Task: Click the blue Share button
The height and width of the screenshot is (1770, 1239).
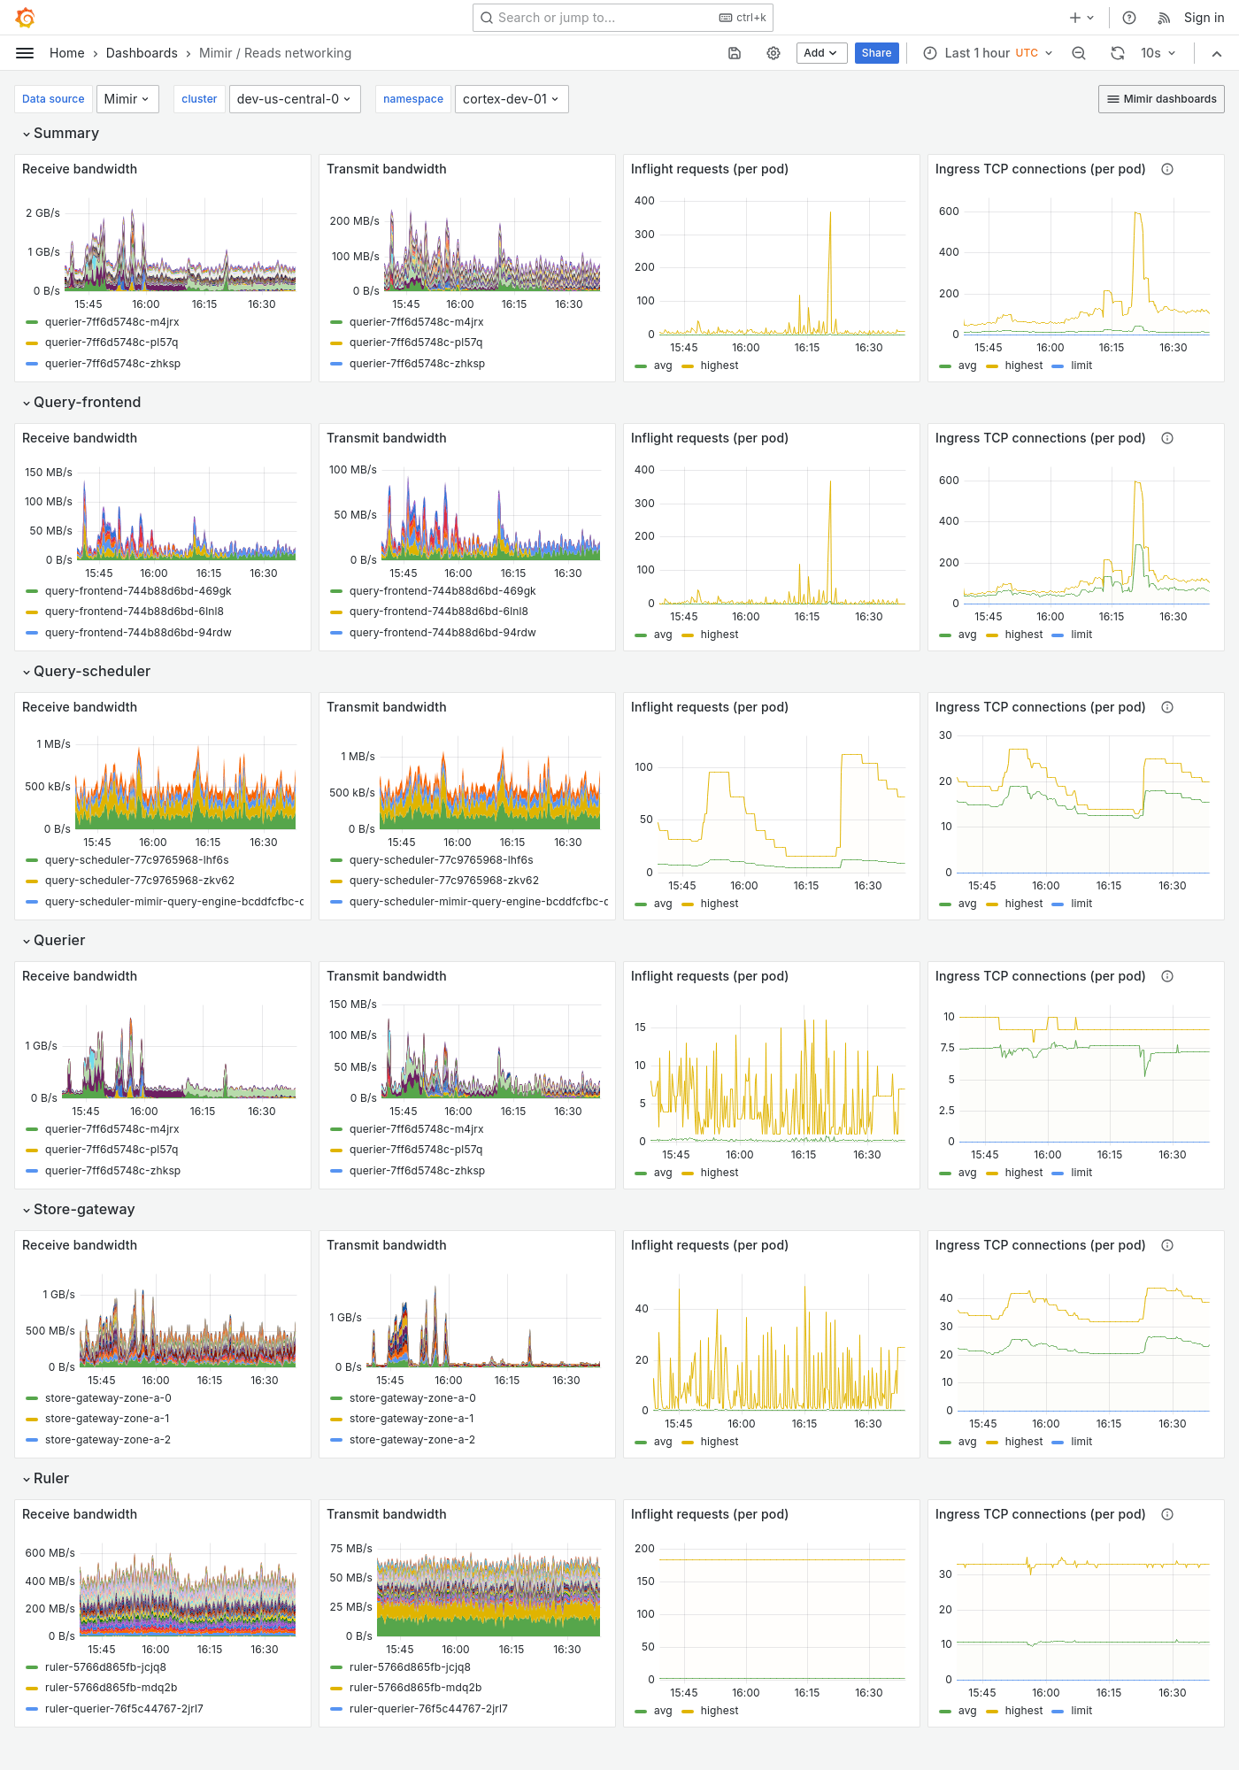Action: tap(876, 53)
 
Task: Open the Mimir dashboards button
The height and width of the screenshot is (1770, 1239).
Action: tap(1161, 99)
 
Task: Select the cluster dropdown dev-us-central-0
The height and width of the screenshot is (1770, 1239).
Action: tap(294, 99)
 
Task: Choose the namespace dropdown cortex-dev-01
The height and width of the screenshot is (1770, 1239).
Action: tap(511, 99)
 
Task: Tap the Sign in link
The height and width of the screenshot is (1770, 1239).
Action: tap(1204, 18)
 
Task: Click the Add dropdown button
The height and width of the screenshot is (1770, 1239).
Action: tap(820, 53)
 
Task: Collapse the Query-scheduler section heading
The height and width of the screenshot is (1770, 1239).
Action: tap(92, 671)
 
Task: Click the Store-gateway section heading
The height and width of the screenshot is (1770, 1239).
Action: tap(84, 1209)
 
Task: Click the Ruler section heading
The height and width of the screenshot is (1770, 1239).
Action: tap(51, 1478)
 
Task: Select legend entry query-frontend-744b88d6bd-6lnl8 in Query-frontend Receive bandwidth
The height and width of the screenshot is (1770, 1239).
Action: tap(134, 612)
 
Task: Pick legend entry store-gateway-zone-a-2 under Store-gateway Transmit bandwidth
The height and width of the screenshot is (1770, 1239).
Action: tap(412, 1440)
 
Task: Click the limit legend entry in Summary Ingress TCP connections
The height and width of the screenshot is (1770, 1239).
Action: tap(1081, 366)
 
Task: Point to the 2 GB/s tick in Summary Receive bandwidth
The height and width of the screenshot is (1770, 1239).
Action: tap(42, 213)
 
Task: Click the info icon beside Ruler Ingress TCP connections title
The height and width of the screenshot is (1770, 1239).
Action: tap(1167, 1514)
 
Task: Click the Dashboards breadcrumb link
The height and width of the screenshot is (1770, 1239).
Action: tap(142, 53)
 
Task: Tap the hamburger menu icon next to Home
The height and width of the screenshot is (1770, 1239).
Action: tap(25, 53)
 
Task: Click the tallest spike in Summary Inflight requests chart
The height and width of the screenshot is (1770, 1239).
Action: tap(830, 214)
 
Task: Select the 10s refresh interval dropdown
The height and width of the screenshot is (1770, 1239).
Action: tap(1158, 53)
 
